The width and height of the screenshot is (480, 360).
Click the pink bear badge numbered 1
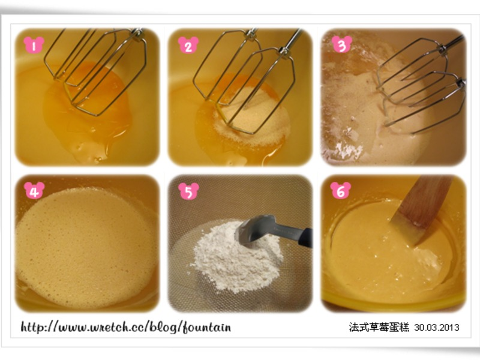pos(34,45)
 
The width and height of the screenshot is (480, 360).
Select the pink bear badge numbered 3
pos(342,44)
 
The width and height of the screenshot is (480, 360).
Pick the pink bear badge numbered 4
pos(34,191)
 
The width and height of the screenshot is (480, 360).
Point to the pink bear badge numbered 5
pos(188,191)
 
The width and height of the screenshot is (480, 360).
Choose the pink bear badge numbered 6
pos(341,190)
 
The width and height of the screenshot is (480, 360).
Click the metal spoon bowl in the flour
pos(254,230)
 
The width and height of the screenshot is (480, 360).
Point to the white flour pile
pos(236,260)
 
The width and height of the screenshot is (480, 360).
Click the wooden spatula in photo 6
pos(422,208)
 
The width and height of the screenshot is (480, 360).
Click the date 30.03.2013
pos(437,328)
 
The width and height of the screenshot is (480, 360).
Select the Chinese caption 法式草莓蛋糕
pos(379,327)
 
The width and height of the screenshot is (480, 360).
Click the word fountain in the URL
pos(207,327)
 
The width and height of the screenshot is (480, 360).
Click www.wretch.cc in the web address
pos(102,328)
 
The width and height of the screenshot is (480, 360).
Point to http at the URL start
pos(32,327)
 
